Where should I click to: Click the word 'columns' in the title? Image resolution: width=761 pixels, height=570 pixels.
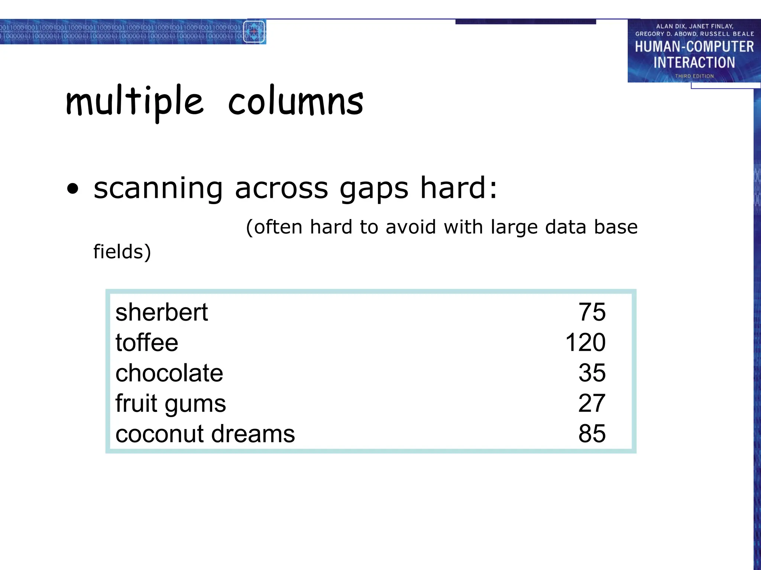click(296, 101)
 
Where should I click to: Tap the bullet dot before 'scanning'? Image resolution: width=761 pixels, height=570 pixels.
click(73, 189)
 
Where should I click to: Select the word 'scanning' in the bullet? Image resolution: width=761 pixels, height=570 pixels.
click(158, 189)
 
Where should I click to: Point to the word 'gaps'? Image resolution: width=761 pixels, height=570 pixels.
click(374, 189)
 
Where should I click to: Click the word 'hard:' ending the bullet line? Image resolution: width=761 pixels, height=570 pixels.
click(459, 187)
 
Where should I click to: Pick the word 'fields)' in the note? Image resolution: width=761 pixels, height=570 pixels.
click(122, 252)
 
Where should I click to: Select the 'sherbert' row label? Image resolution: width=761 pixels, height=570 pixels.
click(162, 312)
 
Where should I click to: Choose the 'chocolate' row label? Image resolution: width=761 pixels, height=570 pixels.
click(169, 373)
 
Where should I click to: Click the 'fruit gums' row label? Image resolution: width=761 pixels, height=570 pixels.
click(171, 403)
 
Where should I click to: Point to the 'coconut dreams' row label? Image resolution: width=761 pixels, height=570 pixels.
click(205, 434)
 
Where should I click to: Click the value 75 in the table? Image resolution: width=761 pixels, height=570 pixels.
click(592, 312)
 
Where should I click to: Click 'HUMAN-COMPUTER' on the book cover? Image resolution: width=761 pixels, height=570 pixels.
click(694, 47)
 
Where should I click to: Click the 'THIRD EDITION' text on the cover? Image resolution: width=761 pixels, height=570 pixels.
click(694, 76)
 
